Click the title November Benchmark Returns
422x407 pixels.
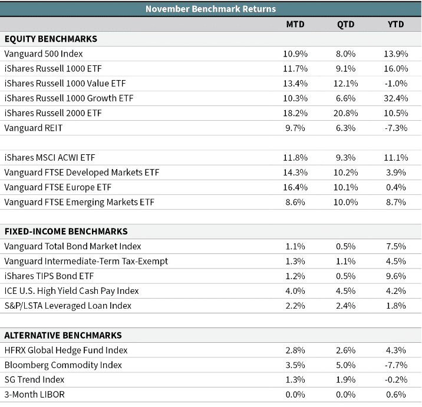[x=211, y=9]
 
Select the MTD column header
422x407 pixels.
[x=295, y=24]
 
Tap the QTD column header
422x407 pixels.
[x=345, y=24]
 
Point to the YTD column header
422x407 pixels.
[x=395, y=24]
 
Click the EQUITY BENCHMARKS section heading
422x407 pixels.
[x=51, y=39]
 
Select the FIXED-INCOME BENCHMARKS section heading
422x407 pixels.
[x=66, y=231]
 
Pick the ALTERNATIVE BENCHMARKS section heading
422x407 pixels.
[x=63, y=335]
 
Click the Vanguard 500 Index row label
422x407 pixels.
[x=44, y=54]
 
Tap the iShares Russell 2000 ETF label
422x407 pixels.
[x=53, y=113]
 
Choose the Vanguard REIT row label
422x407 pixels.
[x=34, y=128]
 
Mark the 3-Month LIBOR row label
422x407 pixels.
[x=34, y=395]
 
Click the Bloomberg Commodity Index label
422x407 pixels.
[x=63, y=365]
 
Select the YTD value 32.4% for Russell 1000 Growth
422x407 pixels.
[x=396, y=98]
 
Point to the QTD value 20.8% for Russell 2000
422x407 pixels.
[x=345, y=113]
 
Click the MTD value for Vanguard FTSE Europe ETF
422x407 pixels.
[x=295, y=187]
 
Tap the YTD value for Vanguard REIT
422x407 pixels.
[x=396, y=128]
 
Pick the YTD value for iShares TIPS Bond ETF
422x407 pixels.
[x=396, y=276]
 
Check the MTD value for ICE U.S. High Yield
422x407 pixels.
[x=295, y=291]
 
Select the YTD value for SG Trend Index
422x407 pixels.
[x=396, y=379]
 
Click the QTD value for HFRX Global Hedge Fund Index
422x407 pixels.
[x=345, y=350]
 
